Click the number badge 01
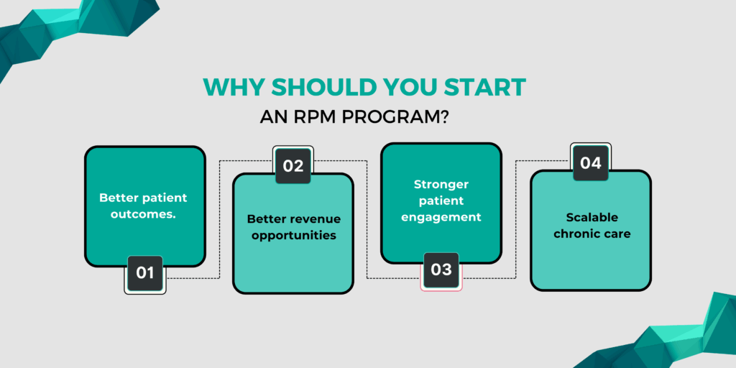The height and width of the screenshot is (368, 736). [x=145, y=273]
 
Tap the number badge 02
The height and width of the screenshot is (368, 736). [x=293, y=165]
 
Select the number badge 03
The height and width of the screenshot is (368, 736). [x=441, y=270]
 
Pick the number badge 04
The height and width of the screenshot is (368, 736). [x=591, y=162]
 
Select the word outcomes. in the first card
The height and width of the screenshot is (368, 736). [x=146, y=213]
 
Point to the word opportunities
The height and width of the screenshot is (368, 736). [x=293, y=235]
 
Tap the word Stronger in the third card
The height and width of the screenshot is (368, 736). [x=441, y=184]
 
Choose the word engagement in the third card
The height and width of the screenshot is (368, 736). [x=441, y=217]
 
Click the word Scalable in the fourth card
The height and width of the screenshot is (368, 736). [x=591, y=217]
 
